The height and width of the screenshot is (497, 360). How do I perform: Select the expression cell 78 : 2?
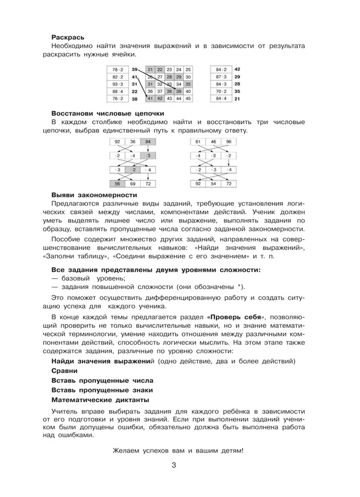[x=117, y=69]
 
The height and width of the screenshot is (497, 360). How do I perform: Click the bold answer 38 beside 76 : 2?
[x=135, y=99]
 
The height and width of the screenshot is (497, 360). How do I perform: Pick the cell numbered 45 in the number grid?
[x=188, y=99]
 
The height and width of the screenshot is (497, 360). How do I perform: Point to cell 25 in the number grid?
[x=188, y=69]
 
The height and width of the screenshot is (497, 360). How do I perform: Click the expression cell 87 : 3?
[x=221, y=76]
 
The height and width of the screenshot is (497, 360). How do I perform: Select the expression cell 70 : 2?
[x=221, y=91]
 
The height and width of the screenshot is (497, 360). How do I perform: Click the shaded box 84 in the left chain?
[x=147, y=142]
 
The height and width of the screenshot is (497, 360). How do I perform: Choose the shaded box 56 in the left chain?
[x=117, y=183]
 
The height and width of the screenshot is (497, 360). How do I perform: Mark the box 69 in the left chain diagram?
[x=132, y=183]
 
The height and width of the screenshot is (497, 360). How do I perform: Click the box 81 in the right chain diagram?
[x=198, y=142]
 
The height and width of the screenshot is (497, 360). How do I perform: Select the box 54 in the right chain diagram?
[x=213, y=183]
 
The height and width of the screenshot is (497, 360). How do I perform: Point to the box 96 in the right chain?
[x=228, y=142]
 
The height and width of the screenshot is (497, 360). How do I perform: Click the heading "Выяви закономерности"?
[x=94, y=195]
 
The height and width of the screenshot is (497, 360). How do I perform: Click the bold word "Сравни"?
[x=63, y=371]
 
